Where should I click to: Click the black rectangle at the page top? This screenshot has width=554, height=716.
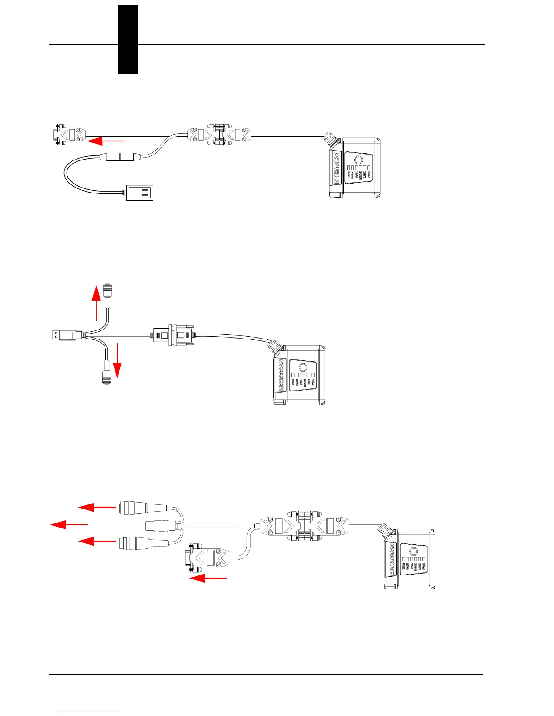[x=128, y=39]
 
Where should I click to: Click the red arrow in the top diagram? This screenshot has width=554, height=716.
[x=105, y=141]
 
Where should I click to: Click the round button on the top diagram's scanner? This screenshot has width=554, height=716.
[x=358, y=160]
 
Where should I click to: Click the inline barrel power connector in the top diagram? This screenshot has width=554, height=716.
[x=120, y=157]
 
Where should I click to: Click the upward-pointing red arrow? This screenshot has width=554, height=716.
[x=96, y=303]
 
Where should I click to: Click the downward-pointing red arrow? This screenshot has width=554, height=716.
[x=117, y=360]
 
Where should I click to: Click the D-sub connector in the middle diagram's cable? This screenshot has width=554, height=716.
[x=174, y=335]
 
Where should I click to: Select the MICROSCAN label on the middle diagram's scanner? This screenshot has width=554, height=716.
[x=282, y=375]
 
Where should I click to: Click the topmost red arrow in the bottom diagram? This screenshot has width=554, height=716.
[x=97, y=508]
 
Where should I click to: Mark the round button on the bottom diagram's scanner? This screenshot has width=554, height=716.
[x=413, y=551]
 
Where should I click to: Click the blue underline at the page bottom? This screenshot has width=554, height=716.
[x=90, y=712]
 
